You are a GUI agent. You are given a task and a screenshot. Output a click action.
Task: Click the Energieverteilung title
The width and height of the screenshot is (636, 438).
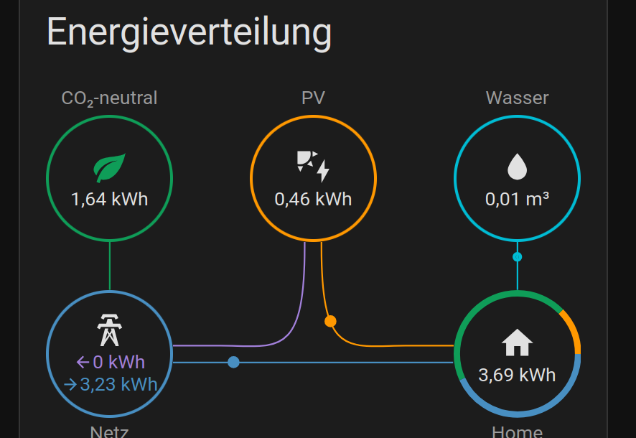point(190,33)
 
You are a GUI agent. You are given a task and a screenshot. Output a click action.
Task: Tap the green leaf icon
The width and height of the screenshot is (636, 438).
point(109,168)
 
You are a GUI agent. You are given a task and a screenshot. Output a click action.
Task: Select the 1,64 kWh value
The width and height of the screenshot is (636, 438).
point(109,199)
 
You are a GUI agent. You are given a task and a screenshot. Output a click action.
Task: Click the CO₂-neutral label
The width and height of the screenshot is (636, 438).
point(109,98)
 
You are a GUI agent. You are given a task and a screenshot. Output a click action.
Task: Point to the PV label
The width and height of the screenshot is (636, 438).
point(313,98)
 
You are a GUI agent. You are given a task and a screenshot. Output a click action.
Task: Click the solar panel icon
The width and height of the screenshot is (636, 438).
point(313,167)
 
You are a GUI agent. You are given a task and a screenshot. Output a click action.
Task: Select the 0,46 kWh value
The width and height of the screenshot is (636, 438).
point(313,199)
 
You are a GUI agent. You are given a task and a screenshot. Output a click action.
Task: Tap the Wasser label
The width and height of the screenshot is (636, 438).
point(517,98)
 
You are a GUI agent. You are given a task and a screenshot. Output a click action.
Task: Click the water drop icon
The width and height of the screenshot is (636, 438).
point(517,167)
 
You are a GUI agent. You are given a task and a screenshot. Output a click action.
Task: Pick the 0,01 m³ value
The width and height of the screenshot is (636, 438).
point(517,199)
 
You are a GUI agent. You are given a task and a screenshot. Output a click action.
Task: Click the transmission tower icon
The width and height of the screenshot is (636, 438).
point(109,330)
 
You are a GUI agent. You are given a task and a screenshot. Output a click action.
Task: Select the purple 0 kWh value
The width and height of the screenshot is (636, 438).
point(111,361)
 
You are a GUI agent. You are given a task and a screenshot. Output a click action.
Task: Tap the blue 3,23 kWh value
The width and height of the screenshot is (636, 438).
point(111,384)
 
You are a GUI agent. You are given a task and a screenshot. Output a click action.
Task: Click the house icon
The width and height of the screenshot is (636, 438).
point(517,343)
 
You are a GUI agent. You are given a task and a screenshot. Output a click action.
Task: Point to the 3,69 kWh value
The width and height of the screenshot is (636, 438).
point(517,374)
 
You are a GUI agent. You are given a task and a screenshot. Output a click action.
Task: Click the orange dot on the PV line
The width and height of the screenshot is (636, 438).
point(330,321)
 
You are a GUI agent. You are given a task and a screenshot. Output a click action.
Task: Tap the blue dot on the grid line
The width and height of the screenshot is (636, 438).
point(233,362)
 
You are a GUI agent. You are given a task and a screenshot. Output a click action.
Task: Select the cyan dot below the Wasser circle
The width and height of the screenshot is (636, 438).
point(517,256)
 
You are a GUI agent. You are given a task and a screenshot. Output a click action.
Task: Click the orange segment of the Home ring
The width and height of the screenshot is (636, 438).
point(572,330)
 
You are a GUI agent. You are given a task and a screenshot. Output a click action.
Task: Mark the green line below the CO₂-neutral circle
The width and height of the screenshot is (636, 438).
point(109,266)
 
